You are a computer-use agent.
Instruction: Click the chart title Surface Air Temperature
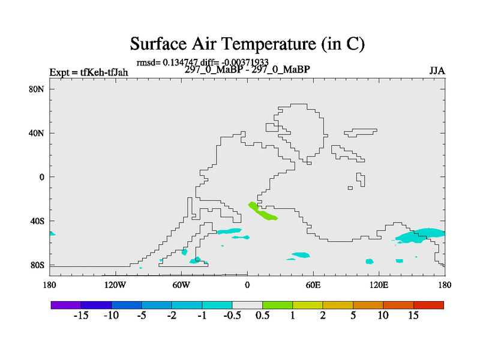tap(247, 44)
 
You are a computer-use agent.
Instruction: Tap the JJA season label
tap(437, 71)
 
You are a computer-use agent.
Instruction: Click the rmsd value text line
tap(202, 62)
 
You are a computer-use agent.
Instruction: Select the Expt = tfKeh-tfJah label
tap(89, 72)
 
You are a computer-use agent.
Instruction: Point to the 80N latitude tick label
tap(37, 89)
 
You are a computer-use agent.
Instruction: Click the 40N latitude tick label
tap(37, 133)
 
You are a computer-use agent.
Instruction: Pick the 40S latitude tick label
tap(37, 221)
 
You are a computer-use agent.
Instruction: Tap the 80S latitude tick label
tap(37, 265)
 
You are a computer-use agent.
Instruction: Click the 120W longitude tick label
tap(115, 286)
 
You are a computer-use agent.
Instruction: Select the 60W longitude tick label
tap(181, 286)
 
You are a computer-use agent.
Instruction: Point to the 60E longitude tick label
tap(313, 286)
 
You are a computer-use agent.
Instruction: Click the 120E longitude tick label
tap(379, 286)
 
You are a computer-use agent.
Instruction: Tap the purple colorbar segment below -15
tap(66, 305)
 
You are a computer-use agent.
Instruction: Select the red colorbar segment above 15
tap(428, 305)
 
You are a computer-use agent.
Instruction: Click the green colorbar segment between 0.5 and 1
tap(278, 305)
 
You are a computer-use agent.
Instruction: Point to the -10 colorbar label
tap(112, 316)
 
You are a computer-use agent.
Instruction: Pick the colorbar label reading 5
tap(353, 316)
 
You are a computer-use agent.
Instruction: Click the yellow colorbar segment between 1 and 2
tap(308, 305)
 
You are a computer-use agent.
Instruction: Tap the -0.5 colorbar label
tap(232, 316)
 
